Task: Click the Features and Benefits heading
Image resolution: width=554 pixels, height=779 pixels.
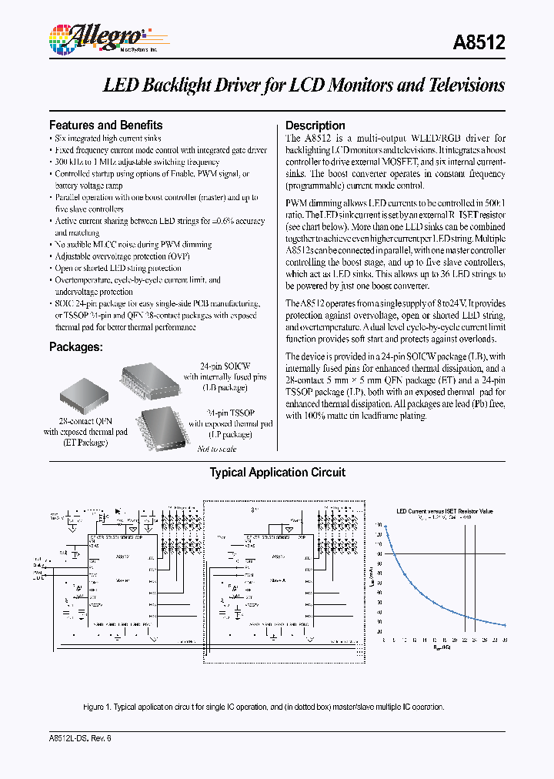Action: [105, 125]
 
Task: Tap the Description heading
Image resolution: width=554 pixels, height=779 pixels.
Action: [315, 125]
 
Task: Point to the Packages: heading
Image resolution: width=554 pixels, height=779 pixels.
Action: [75, 347]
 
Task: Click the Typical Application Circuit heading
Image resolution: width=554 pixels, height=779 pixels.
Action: [277, 473]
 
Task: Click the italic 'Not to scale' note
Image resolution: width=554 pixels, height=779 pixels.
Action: [217, 449]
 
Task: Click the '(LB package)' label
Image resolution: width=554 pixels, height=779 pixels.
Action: [225, 388]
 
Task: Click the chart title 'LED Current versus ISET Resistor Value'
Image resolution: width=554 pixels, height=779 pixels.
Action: [445, 511]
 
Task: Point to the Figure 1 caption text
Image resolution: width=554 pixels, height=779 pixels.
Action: [264, 707]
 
